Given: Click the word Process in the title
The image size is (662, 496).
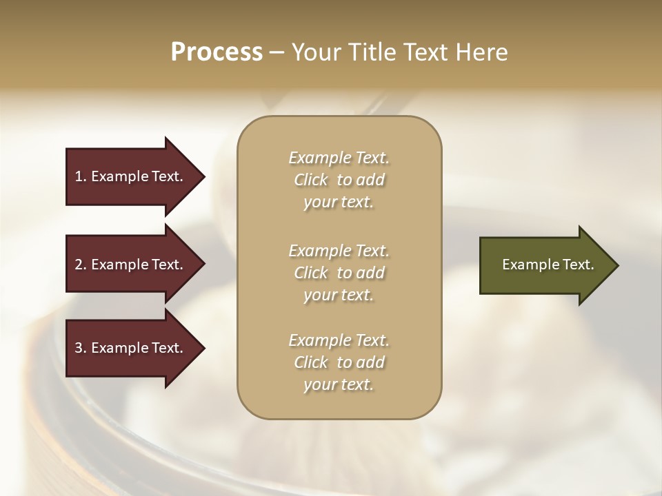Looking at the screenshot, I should pos(217,52).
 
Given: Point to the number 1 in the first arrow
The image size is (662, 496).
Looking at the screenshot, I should pos(79,177).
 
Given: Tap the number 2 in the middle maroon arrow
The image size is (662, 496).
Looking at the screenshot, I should pos(79,265).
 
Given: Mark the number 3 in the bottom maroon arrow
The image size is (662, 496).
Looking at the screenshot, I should pos(79,349).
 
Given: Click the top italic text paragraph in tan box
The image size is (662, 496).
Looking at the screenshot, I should pos(339,180).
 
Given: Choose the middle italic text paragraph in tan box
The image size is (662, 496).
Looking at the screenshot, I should pos(339,273).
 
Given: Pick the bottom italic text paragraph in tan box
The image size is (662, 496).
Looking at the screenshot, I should pos(339,362).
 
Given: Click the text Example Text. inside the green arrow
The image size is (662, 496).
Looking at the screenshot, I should pos(548,265).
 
